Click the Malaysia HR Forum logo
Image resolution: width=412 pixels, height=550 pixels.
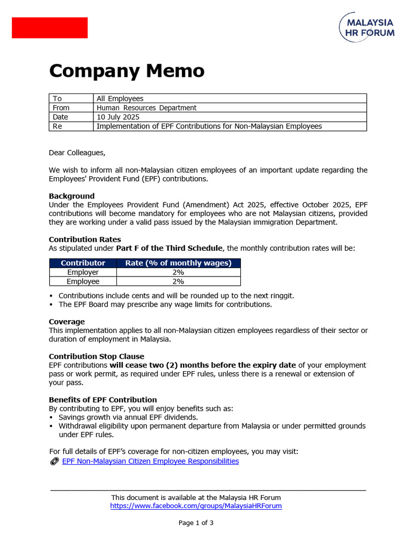pos(367,27)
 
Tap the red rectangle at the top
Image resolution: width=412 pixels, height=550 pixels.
pos(50,27)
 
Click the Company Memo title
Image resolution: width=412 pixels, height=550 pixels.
pos(127,71)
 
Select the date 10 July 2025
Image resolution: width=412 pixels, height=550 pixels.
pos(118,117)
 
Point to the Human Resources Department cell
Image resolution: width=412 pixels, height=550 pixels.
pos(146,108)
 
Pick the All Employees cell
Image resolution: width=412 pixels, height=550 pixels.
pos(120,99)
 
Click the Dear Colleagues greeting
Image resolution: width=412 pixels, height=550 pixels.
pos(77,153)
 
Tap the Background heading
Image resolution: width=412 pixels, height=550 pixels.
pos(71,196)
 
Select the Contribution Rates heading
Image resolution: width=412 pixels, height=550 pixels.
pos(85,240)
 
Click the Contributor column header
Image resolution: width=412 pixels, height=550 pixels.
pos(83,263)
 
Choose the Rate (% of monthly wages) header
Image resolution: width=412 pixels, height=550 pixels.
pos(178,263)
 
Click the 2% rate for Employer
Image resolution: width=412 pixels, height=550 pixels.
pos(178,272)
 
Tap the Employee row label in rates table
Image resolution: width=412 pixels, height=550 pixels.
pos(83,281)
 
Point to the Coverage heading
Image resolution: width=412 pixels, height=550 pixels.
pos(67,322)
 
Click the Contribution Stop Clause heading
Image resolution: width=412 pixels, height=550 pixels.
pos(97,356)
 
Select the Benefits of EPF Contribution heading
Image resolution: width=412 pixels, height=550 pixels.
pos(103,400)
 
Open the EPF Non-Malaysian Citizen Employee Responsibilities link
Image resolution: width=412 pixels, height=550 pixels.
pos(151,461)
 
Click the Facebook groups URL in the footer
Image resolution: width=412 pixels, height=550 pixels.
pos(196,506)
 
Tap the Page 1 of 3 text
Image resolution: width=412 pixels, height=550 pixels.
pos(196,523)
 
